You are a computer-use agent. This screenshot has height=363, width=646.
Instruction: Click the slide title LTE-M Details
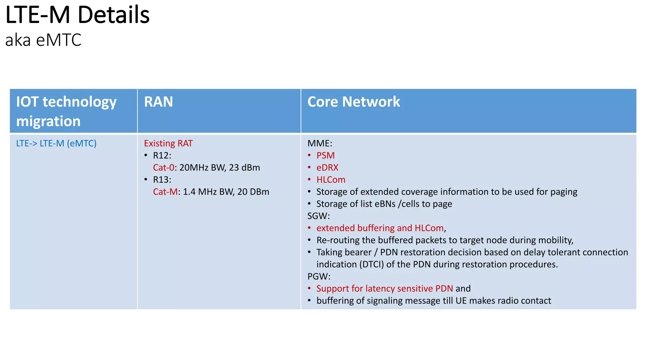(x=77, y=15)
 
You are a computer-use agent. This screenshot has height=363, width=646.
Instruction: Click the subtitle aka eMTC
(x=43, y=40)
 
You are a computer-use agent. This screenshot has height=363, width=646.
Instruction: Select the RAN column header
(x=158, y=102)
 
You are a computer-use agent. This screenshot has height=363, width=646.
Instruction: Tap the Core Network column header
(x=353, y=102)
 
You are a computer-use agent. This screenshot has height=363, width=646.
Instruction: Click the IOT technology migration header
(x=66, y=111)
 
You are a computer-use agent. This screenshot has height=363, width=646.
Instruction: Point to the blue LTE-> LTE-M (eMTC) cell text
(x=56, y=143)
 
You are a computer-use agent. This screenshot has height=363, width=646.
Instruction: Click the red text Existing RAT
(x=168, y=143)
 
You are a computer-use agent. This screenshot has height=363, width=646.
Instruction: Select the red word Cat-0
(x=163, y=168)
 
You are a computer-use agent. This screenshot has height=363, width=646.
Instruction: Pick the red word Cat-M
(x=165, y=192)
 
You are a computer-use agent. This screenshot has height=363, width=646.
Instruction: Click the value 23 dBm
(x=244, y=168)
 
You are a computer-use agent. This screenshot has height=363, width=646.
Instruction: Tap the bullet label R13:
(x=162, y=180)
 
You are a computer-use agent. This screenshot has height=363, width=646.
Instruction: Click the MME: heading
(x=320, y=143)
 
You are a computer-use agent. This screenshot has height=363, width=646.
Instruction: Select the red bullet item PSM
(x=325, y=156)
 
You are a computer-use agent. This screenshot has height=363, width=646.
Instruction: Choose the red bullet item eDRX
(x=327, y=168)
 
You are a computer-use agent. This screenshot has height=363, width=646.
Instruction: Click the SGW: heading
(x=318, y=216)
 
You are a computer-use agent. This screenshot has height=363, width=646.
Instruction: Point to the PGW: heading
(x=319, y=276)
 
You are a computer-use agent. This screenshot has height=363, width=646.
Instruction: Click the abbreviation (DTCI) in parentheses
(x=371, y=264)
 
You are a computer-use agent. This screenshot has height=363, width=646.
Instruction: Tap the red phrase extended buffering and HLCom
(x=380, y=228)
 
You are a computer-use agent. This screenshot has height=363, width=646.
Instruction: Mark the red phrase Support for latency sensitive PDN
(x=385, y=289)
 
